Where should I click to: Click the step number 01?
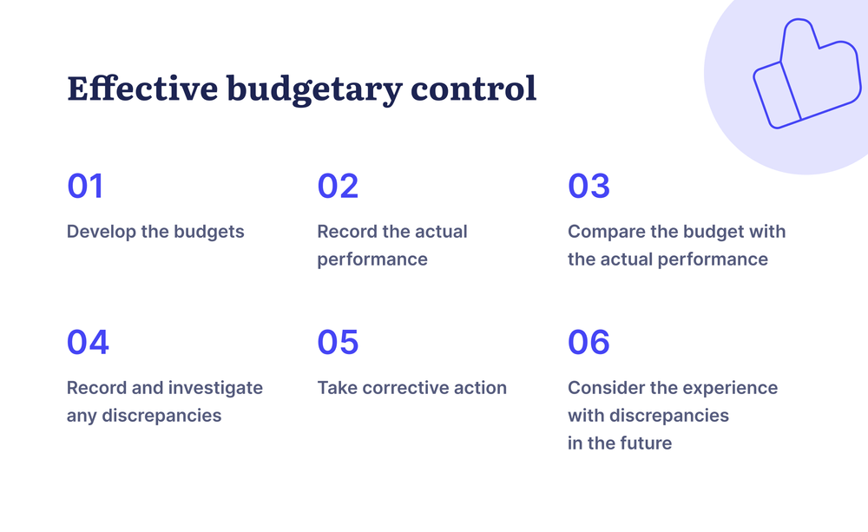click(x=85, y=187)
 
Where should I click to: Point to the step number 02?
click(x=338, y=187)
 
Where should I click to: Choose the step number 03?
click(x=589, y=187)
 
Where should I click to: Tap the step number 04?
click(x=88, y=343)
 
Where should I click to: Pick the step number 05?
click(x=338, y=343)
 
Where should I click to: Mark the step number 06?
click(x=589, y=343)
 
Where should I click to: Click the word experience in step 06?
click(x=733, y=388)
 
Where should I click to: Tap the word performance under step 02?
click(x=372, y=259)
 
